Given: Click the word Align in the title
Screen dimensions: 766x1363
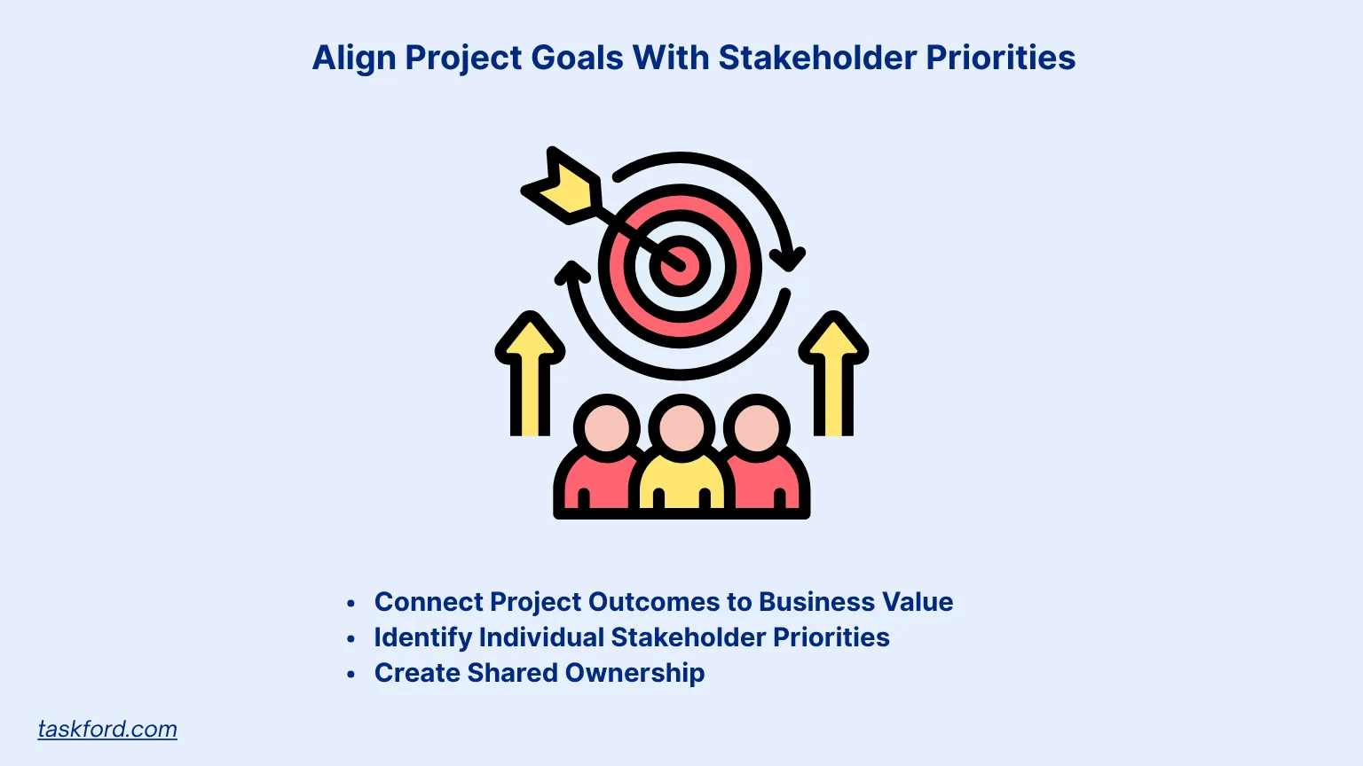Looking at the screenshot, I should tap(354, 59).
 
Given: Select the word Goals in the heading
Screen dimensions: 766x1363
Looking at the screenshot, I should tap(577, 59).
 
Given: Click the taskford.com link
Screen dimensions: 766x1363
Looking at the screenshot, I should tap(107, 729).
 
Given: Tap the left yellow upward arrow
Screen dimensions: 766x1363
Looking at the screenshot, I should tap(530, 372).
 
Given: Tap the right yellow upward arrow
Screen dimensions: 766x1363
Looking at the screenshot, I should tap(833, 372).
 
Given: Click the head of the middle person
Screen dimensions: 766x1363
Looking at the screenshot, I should tap(681, 428).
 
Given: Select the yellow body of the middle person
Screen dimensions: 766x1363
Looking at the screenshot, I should tap(681, 483).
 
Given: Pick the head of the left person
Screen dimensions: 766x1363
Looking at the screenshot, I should tap(607, 428).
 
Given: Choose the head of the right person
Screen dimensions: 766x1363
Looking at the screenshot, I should tap(757, 428).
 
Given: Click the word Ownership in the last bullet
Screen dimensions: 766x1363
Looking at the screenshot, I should tap(634, 673).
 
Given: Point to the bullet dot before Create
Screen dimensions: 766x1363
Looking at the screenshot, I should tap(351, 675).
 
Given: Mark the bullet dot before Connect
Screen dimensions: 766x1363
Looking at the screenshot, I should tap(351, 604).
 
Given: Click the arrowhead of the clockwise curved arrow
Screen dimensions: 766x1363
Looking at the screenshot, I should tap(787, 258).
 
